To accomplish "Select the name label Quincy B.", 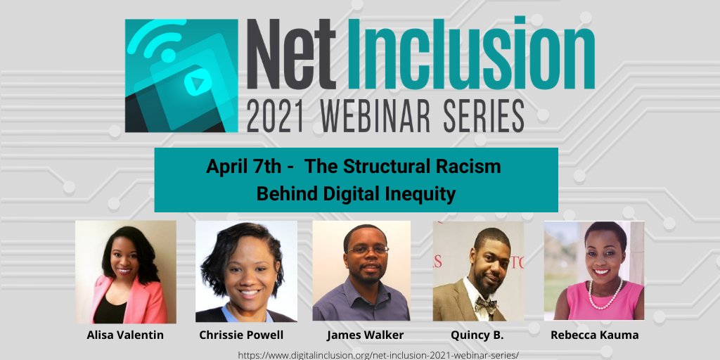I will pyautogui.click(x=478, y=335).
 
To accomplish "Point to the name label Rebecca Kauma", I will pyautogui.click(x=594, y=335).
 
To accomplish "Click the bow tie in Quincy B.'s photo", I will pyautogui.click(x=485, y=305).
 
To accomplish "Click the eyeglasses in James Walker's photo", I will pyautogui.click(x=367, y=250).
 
